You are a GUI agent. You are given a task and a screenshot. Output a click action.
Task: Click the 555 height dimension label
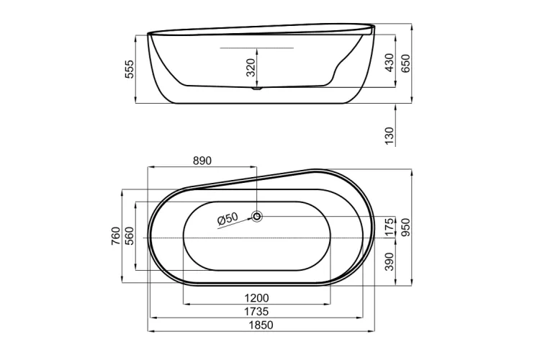point(130,69)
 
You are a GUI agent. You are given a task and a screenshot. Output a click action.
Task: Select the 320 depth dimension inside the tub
point(250,68)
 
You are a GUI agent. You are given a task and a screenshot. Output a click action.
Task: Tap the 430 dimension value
point(389,62)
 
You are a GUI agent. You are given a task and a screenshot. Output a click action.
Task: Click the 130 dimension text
point(389,134)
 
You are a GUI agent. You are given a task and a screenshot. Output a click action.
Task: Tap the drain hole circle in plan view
point(258,215)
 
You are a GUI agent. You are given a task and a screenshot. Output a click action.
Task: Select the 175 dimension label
point(389,227)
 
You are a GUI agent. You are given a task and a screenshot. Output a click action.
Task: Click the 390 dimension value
point(389,260)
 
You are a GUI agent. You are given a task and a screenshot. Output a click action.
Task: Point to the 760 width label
point(115,237)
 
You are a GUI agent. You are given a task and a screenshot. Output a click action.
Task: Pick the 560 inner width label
point(130,237)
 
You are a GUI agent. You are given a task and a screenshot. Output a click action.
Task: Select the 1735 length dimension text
point(256,312)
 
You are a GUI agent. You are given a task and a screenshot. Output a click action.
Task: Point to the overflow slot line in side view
point(257,48)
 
